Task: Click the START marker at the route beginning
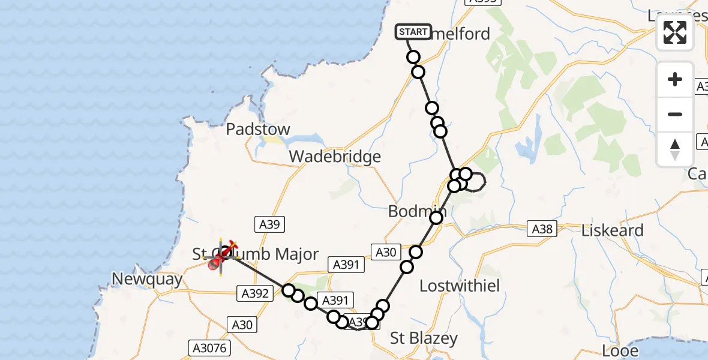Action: point(413,32)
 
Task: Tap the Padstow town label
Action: point(258,130)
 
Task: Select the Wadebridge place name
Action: point(335,157)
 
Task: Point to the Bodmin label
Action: point(414,211)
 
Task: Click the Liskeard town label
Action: point(613,230)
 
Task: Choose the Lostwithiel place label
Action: point(460,286)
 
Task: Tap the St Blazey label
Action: point(424,338)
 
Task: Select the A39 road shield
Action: point(269,224)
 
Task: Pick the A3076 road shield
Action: point(205,347)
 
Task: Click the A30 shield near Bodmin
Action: point(385,253)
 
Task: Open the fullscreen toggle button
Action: point(675,32)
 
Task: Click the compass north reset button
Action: point(675,149)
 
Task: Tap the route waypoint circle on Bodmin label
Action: point(436,217)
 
